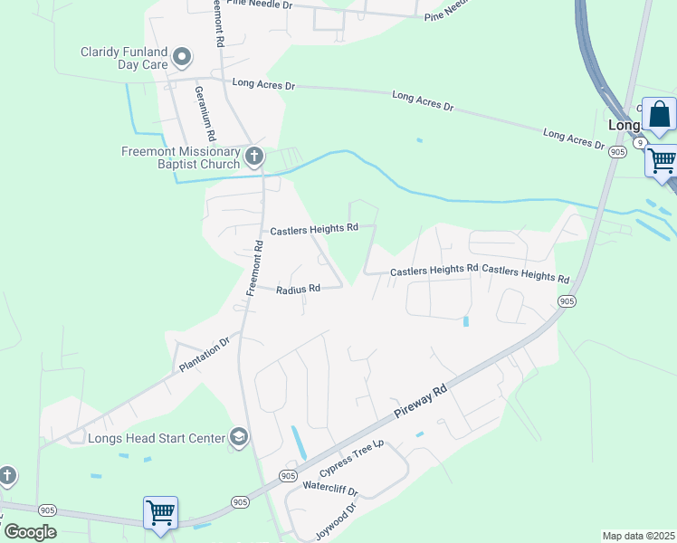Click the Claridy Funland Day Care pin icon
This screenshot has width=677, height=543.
pyautogui.click(x=182, y=58)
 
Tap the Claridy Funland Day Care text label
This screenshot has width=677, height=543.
pyautogui.click(x=124, y=58)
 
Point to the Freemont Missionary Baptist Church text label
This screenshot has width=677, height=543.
pyautogui.click(x=181, y=157)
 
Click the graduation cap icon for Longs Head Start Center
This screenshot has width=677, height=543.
pyautogui.click(x=239, y=438)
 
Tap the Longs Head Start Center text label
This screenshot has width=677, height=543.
pyautogui.click(x=157, y=439)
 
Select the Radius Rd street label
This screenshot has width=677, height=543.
pyautogui.click(x=299, y=290)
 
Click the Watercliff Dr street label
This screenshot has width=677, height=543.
pyautogui.click(x=330, y=490)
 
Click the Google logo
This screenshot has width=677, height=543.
pyautogui.click(x=30, y=532)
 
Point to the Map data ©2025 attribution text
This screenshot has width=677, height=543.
pyautogui.click(x=638, y=536)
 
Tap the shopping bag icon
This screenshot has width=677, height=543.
pyautogui.click(x=659, y=115)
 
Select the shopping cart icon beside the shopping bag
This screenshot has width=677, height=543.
pyautogui.click(x=663, y=161)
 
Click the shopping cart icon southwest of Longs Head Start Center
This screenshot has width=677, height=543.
pyautogui.click(x=160, y=512)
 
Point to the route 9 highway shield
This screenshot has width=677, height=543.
pyautogui.click(x=640, y=143)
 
